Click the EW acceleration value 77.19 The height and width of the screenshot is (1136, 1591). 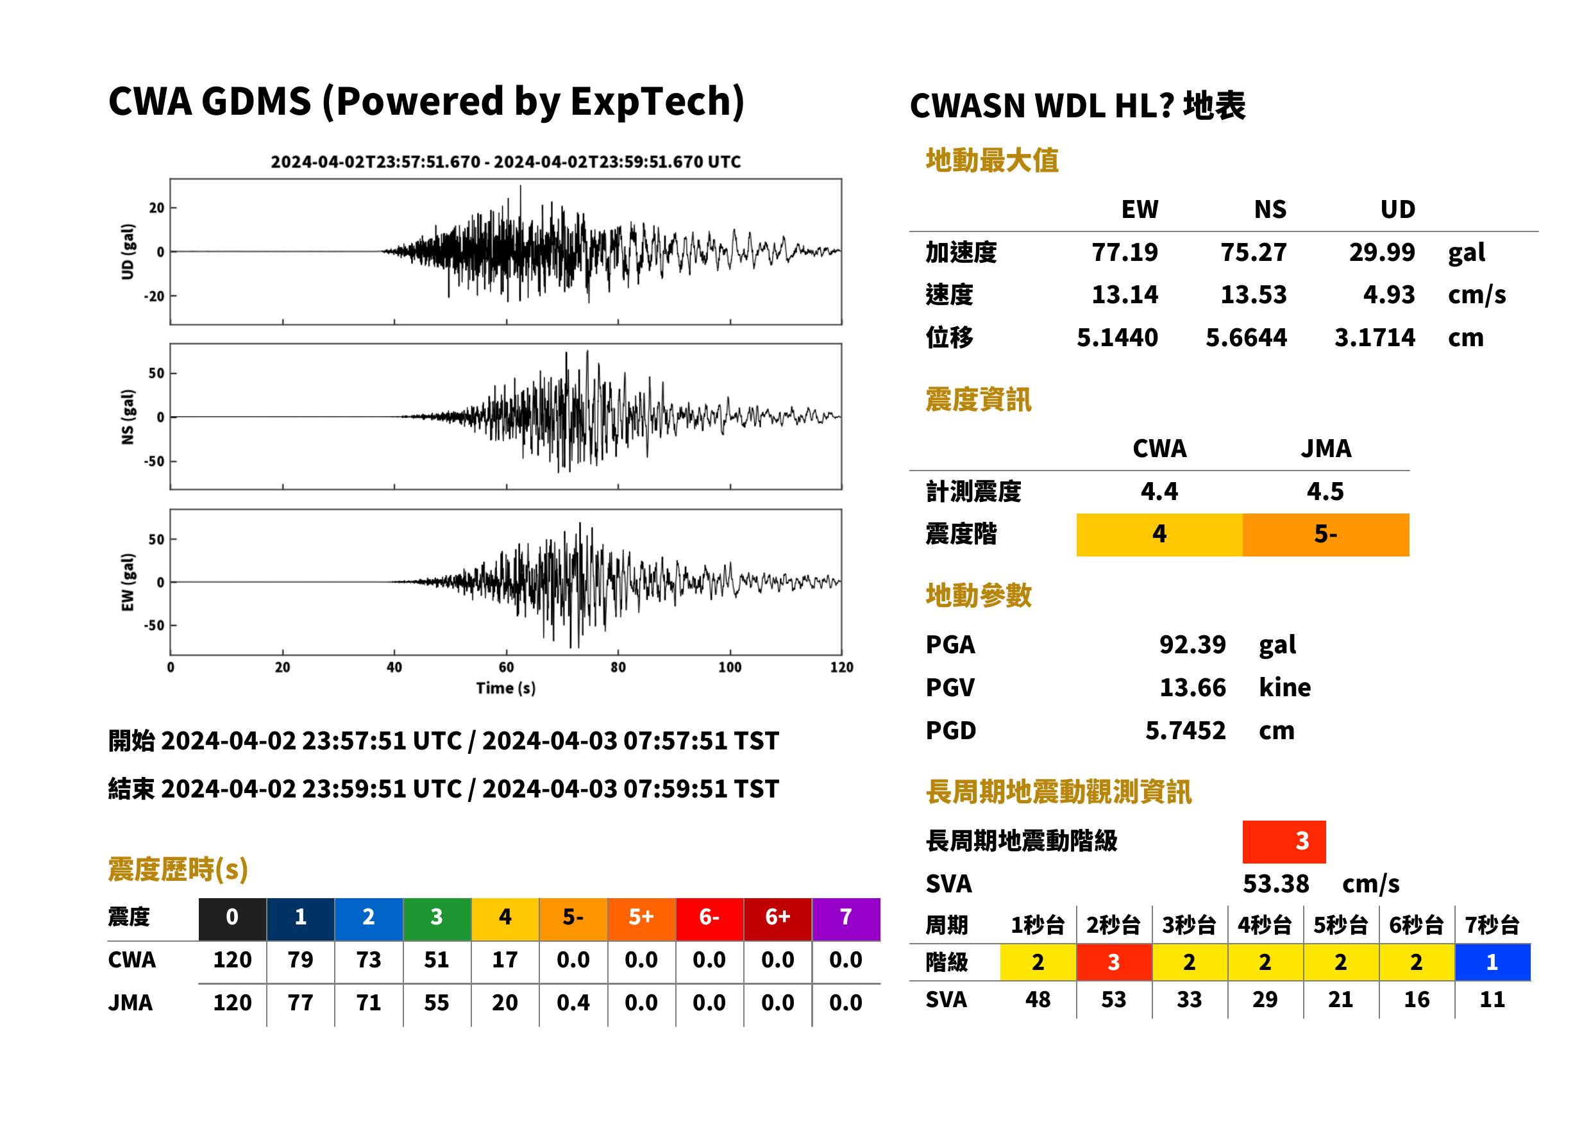(1124, 252)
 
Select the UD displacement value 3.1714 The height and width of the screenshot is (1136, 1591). (1374, 337)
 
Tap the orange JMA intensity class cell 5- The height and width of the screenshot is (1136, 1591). (1325, 535)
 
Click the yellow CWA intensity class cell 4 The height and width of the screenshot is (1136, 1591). (1159, 535)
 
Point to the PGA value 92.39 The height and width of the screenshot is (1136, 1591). (1192, 644)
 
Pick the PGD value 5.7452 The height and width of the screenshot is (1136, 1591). (1185, 730)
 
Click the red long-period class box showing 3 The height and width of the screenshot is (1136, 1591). (1284, 842)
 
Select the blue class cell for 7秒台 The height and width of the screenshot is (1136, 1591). (1492, 962)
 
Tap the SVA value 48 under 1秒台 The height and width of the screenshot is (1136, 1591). (1038, 999)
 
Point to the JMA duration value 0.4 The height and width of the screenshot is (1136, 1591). (573, 1003)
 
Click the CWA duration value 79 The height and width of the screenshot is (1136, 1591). (300, 960)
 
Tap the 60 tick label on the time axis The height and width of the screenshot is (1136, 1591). (506, 667)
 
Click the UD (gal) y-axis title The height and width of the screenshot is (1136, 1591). (128, 252)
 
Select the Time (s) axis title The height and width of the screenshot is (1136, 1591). (506, 689)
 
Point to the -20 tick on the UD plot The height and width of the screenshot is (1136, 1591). (155, 296)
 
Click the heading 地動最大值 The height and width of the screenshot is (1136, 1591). (992, 160)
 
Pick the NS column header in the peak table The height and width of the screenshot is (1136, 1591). (1270, 209)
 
